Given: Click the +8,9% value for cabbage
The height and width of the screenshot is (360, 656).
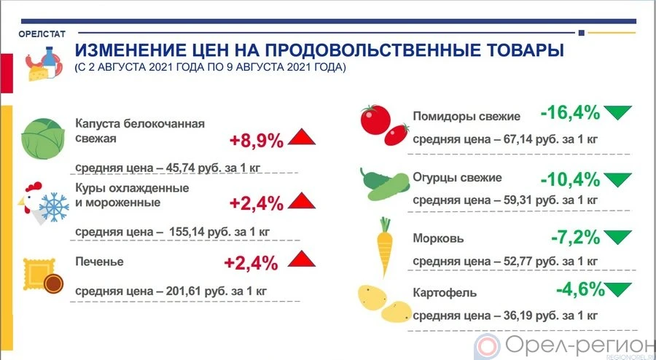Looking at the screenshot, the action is pyautogui.click(x=257, y=141).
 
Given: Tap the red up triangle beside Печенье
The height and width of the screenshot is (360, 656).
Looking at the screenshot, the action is pyautogui.click(x=301, y=259).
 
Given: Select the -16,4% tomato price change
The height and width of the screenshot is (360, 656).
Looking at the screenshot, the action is pyautogui.click(x=570, y=113).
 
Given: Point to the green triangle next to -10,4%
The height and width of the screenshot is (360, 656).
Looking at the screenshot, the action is pyautogui.click(x=617, y=180).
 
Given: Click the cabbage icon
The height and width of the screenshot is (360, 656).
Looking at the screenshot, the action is pyautogui.click(x=43, y=138).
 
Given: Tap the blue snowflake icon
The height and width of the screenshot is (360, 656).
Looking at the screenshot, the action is pyautogui.click(x=54, y=208).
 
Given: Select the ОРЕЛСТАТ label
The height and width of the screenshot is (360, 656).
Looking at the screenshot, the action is pyautogui.click(x=42, y=34).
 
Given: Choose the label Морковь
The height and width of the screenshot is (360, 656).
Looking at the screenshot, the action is pyautogui.click(x=439, y=239).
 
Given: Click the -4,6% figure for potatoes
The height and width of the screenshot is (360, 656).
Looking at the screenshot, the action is pyautogui.click(x=580, y=289).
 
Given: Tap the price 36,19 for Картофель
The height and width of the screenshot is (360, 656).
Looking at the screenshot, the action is pyautogui.click(x=518, y=316).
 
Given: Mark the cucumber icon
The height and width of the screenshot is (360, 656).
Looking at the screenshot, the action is pyautogui.click(x=384, y=184).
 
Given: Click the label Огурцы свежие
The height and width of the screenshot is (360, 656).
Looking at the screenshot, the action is pyautogui.click(x=457, y=178).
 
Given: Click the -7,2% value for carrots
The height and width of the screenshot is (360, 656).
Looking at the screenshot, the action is pyautogui.click(x=576, y=238).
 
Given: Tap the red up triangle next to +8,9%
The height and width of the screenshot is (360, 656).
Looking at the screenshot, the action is pyautogui.click(x=301, y=137).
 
